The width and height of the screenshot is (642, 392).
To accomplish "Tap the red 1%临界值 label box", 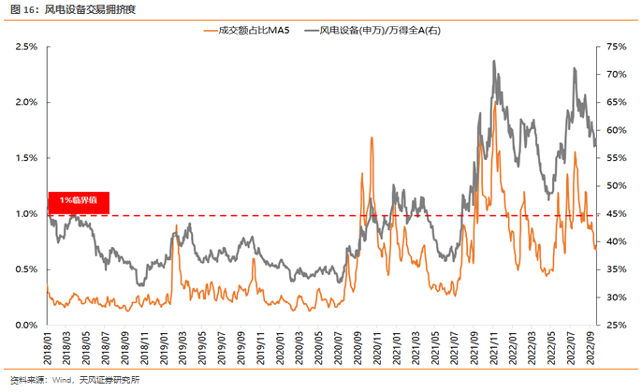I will [x=79, y=200].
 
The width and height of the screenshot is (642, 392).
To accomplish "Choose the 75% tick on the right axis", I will [x=617, y=46].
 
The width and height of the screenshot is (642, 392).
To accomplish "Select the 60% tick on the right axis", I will [x=617, y=130].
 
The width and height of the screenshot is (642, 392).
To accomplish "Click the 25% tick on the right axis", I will [x=617, y=326].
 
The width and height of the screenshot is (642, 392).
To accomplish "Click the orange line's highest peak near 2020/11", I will [x=372, y=138].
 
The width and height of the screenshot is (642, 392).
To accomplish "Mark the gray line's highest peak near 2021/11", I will [x=493, y=62].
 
